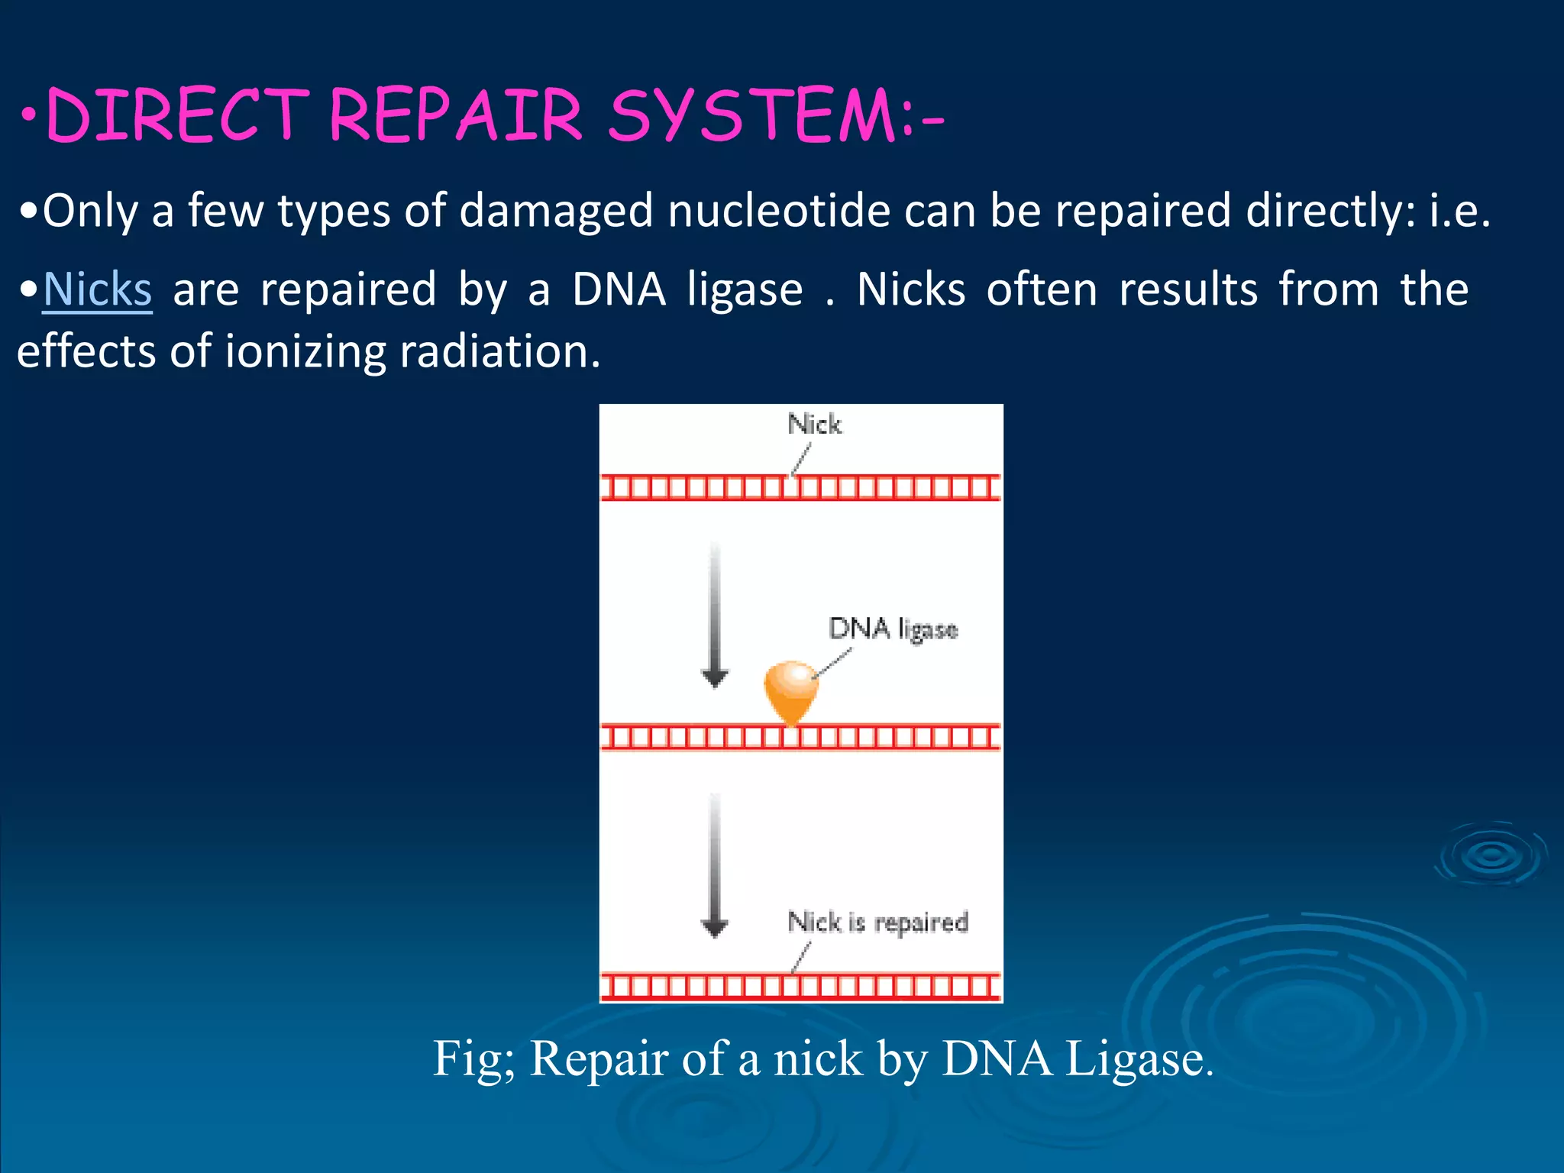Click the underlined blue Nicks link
coord(98,290)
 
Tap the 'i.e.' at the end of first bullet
coord(1459,211)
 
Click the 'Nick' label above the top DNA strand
coord(814,424)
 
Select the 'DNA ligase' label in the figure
coord(893,629)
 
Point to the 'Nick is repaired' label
coord(877,922)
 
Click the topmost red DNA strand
coord(800,487)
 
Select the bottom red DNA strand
coord(800,986)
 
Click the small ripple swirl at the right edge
coord(1491,855)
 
